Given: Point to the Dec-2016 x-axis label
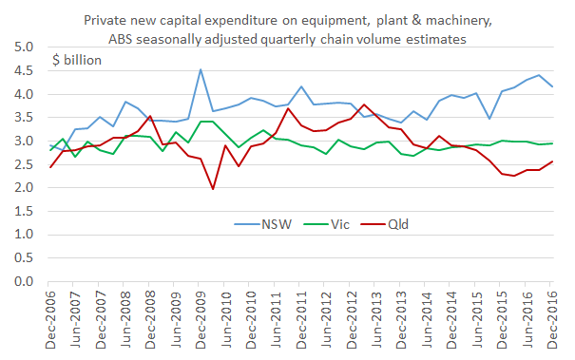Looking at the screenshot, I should (x=553, y=320).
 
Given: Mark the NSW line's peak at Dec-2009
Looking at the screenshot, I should (x=201, y=69).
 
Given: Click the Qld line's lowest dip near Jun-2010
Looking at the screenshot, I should (x=213, y=189).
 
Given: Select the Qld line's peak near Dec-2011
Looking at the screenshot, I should (x=289, y=108).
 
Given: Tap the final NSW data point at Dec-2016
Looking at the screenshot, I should (x=553, y=86).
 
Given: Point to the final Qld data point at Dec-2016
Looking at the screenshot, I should (x=553, y=161).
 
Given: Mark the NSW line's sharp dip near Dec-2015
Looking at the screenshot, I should (x=489, y=119).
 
